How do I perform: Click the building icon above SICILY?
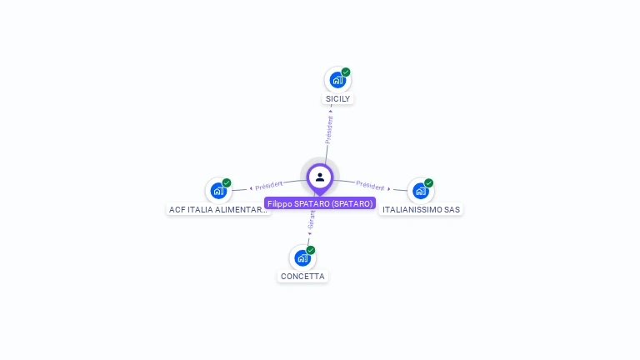point(337,80)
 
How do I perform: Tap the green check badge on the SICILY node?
point(346,72)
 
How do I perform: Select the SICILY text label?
point(337,98)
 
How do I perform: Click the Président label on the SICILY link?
point(329,129)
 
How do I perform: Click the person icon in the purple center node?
point(320,177)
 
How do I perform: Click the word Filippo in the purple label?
point(281,203)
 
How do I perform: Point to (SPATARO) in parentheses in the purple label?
point(352,203)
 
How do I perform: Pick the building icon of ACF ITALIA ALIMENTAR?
point(218,191)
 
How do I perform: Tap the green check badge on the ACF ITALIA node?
point(227,182)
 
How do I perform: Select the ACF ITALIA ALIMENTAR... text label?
point(218,210)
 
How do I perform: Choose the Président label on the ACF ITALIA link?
point(269,185)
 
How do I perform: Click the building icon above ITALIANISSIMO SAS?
point(421,191)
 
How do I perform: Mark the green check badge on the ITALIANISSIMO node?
point(429,182)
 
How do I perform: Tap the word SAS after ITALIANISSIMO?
point(452,210)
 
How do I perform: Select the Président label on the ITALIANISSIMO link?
point(370,186)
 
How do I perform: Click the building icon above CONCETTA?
point(302,257)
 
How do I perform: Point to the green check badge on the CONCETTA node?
point(311,250)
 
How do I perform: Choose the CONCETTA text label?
point(302,276)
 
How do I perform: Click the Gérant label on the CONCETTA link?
point(312,220)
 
